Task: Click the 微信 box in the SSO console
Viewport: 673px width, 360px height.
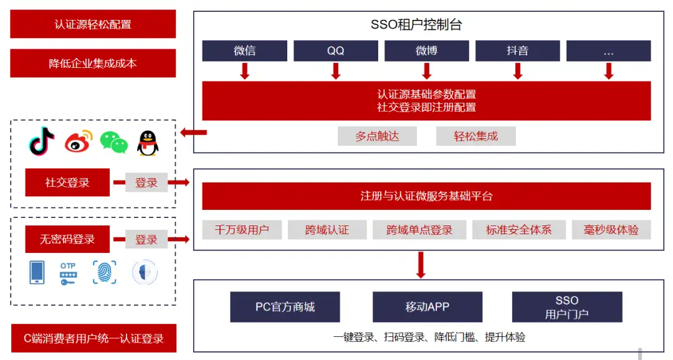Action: point(244,51)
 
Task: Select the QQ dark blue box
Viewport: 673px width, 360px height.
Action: point(335,51)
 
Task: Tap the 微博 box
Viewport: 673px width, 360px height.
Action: point(426,51)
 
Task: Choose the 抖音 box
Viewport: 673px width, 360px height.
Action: point(517,51)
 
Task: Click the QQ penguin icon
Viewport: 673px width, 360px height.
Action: point(147,143)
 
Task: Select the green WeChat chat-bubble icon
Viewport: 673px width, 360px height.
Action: point(113,143)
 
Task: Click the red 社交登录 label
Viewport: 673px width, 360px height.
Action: point(67,182)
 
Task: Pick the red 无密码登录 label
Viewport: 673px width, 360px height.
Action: point(67,239)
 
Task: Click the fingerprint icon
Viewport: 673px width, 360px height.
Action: point(104,272)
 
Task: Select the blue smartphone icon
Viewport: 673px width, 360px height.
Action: point(37,272)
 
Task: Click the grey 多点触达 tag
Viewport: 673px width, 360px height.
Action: point(377,136)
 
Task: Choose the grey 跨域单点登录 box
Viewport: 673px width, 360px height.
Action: point(419,230)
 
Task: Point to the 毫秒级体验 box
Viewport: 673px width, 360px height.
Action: point(611,230)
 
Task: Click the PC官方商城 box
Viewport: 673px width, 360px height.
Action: point(285,307)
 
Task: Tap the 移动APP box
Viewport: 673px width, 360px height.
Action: point(427,307)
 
